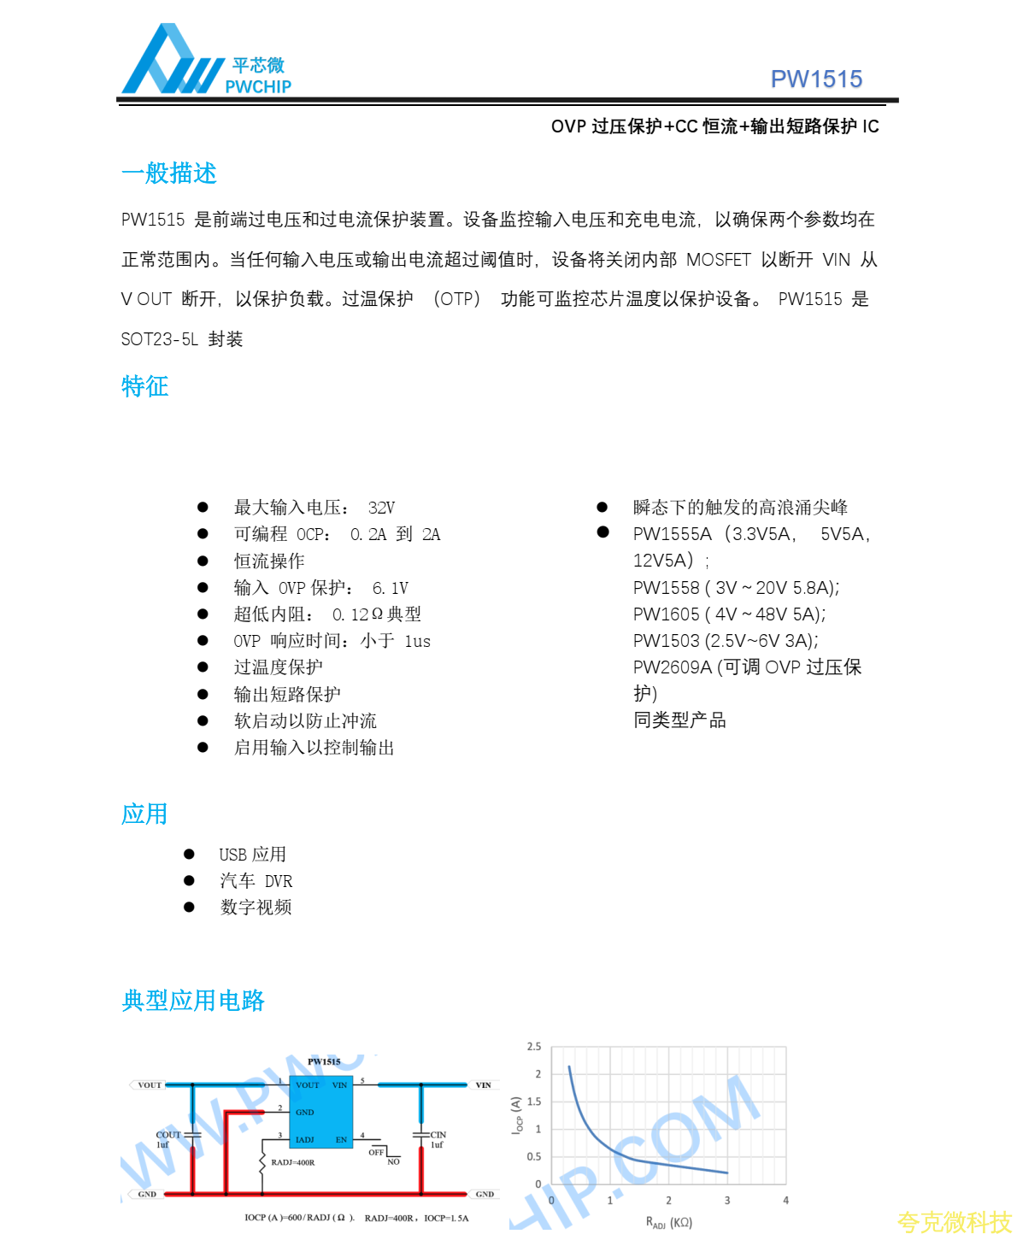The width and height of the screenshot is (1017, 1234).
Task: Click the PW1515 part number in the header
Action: (x=816, y=79)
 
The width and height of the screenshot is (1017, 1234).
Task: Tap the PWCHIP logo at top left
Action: (x=206, y=62)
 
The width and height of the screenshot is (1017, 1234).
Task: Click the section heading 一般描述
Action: (x=169, y=173)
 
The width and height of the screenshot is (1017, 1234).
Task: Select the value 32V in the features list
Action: (x=381, y=508)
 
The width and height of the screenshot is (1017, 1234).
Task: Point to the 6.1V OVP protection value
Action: (x=391, y=588)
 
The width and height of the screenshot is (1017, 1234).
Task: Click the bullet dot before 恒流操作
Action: (x=203, y=561)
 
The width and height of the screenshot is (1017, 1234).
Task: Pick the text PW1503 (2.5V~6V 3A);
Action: (x=726, y=641)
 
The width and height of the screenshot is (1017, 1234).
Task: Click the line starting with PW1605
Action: (x=729, y=614)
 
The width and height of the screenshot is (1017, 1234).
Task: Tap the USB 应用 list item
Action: (x=252, y=855)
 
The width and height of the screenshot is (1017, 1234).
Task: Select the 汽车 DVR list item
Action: (x=256, y=881)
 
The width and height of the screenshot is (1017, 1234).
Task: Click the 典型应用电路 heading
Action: (x=193, y=1001)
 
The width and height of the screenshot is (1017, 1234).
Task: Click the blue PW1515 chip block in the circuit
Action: (x=320, y=1112)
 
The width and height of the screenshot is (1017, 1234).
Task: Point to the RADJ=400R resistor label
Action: (x=293, y=1162)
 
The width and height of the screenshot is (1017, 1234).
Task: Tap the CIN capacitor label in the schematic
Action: (x=438, y=1135)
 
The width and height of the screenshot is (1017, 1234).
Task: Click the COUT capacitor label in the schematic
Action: (x=168, y=1135)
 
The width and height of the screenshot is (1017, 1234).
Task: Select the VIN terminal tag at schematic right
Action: (x=483, y=1085)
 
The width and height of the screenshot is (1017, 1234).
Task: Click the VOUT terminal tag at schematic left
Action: (x=150, y=1085)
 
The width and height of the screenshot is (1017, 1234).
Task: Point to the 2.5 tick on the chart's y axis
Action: (x=534, y=1047)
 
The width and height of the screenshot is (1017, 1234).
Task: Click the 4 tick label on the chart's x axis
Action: (x=785, y=1201)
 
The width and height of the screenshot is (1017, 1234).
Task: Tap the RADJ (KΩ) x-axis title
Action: (x=669, y=1223)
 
